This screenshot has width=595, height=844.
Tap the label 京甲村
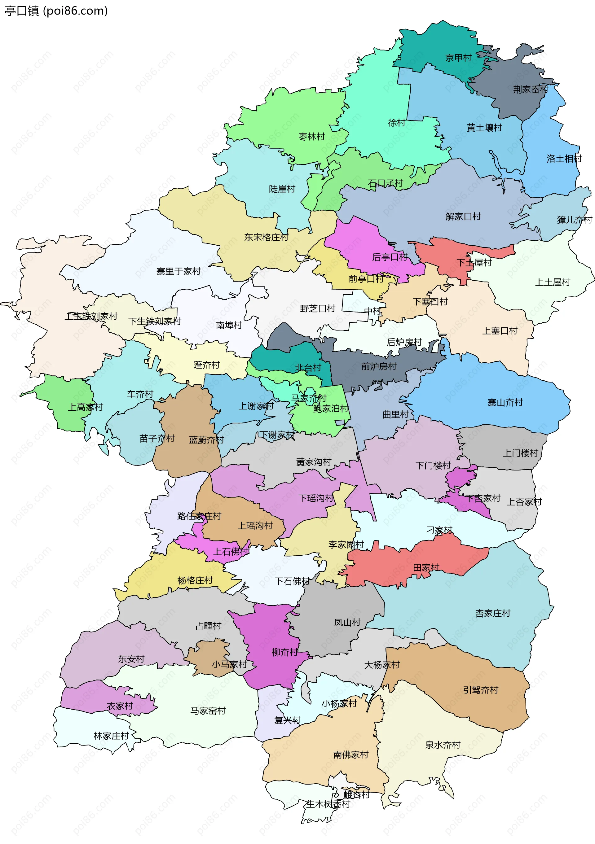pyautogui.click(x=458, y=58)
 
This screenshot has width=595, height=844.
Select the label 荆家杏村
pyautogui.click(x=530, y=89)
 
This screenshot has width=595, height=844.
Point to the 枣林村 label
pyautogui.click(x=312, y=137)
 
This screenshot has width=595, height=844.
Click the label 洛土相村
pyautogui.click(x=564, y=159)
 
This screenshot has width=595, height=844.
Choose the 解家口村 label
pyautogui.click(x=463, y=216)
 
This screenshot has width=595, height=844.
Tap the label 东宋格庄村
pyautogui.click(x=266, y=238)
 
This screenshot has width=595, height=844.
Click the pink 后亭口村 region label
pyautogui.click(x=390, y=257)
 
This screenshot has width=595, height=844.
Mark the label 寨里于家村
pyautogui.click(x=178, y=271)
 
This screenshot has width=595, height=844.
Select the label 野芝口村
pyautogui.click(x=318, y=308)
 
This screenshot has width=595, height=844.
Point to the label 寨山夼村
pyautogui.click(x=505, y=403)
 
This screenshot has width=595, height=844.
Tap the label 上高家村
pyautogui.click(x=86, y=407)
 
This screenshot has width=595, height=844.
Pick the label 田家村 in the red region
pyautogui.click(x=426, y=567)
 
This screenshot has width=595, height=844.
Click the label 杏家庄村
pyautogui.click(x=493, y=613)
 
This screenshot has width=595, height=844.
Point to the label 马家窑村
pyautogui.click(x=208, y=711)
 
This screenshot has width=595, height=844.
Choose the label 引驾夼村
pyautogui.click(x=481, y=690)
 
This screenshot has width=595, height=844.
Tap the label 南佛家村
pyautogui.click(x=351, y=755)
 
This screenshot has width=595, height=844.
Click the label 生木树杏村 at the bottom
pyautogui.click(x=328, y=804)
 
